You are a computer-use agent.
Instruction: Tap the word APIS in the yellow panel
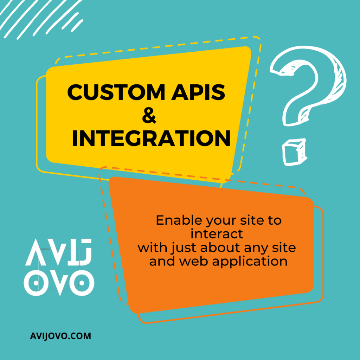point(198,92)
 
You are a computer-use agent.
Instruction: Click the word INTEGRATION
point(151,138)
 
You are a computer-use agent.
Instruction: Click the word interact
point(217,234)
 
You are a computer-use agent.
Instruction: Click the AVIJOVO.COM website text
point(60,336)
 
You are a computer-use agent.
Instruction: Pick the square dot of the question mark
point(294,152)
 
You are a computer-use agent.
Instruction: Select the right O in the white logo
point(82,283)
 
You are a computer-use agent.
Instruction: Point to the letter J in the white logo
point(84,252)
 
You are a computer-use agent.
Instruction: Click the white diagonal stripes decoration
point(41,18)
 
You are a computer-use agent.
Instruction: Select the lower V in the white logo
point(59,283)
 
